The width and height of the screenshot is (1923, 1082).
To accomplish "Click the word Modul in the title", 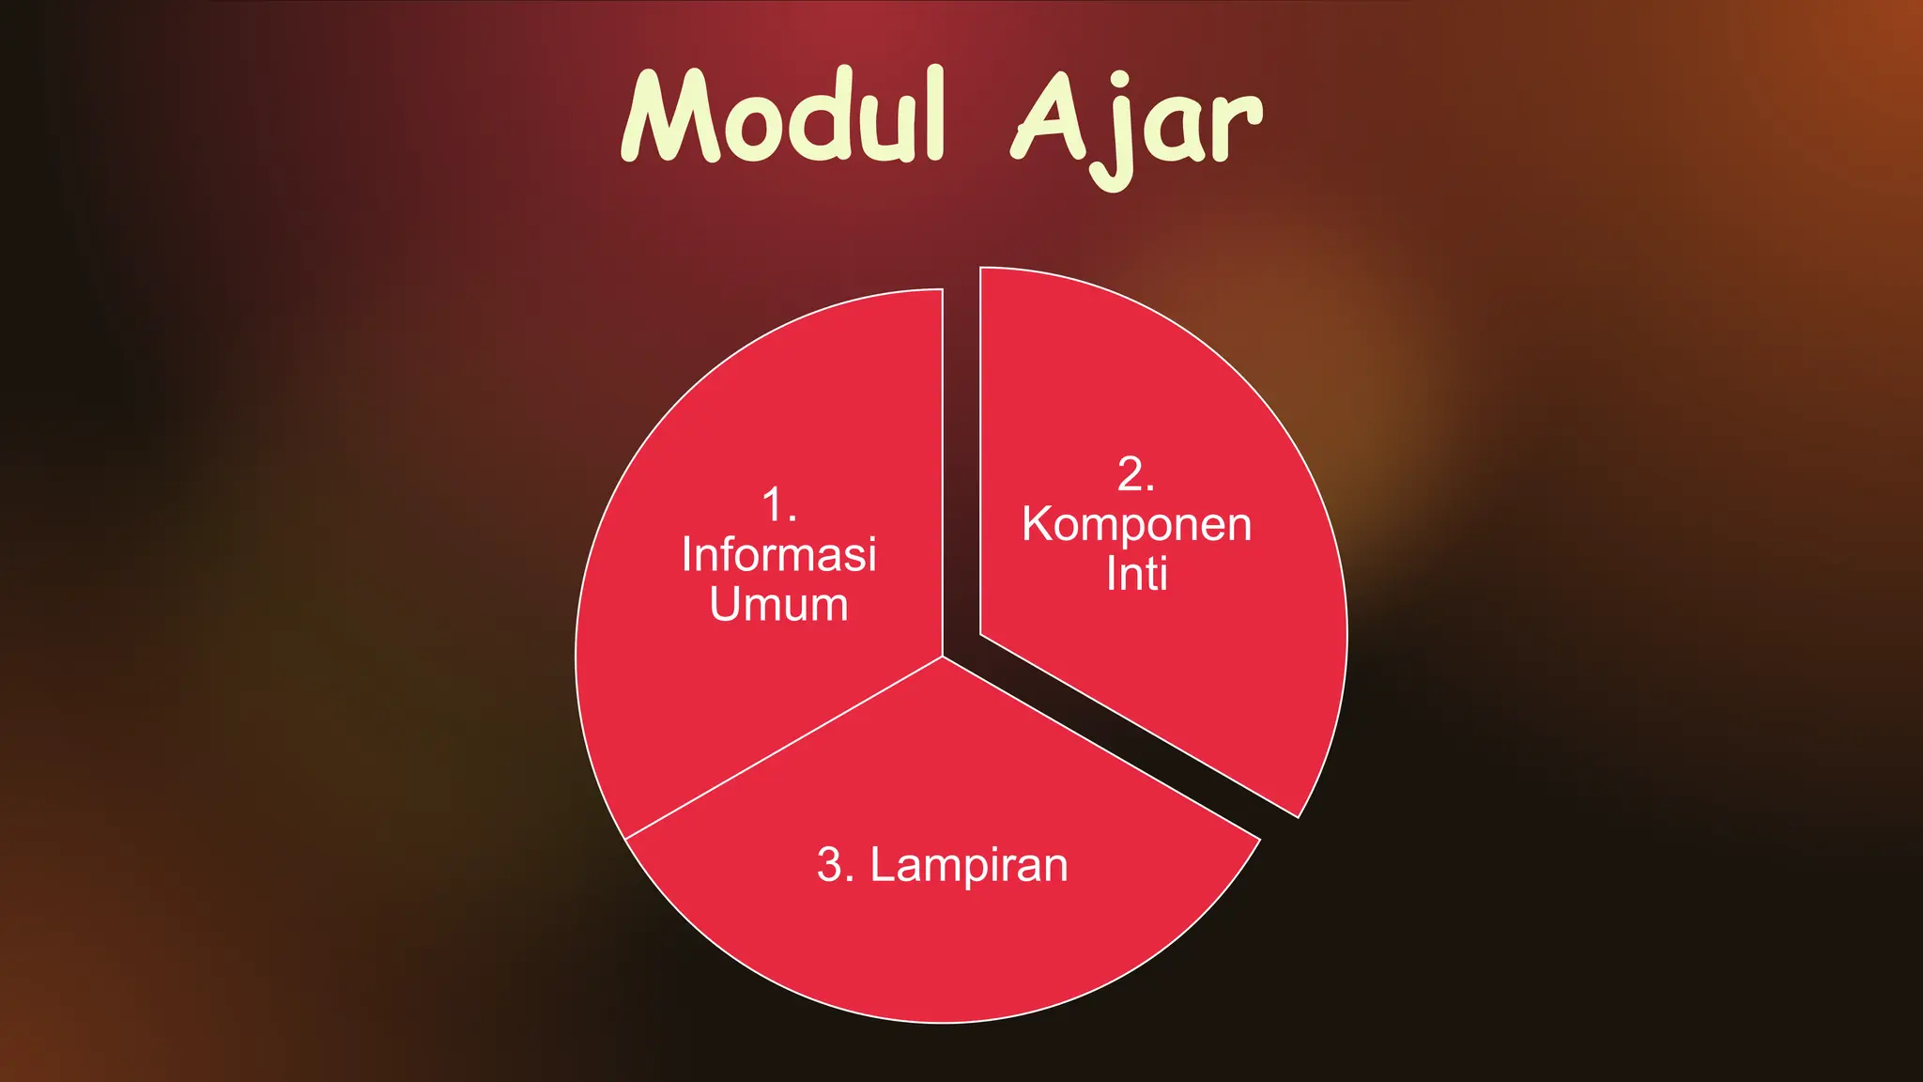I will (x=782, y=117).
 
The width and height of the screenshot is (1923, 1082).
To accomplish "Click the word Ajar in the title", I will (x=1136, y=122).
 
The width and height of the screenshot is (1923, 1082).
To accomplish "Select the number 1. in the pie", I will (x=779, y=505).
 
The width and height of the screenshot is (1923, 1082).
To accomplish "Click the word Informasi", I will (x=779, y=554).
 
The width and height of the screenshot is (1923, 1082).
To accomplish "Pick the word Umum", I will (x=779, y=604).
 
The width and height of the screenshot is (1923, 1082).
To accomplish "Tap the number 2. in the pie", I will (x=1135, y=474).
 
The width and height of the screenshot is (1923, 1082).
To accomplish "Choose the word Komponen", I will (x=1136, y=524).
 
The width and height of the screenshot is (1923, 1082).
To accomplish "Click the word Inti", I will (x=1136, y=574).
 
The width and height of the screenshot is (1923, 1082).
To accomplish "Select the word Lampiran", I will (x=969, y=865).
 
